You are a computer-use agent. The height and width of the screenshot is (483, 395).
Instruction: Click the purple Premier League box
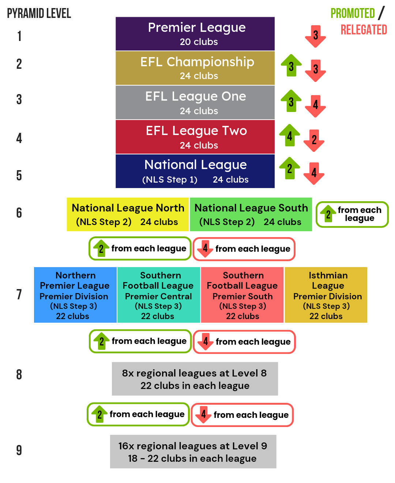(195, 34)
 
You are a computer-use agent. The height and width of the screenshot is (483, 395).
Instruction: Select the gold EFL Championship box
(195, 68)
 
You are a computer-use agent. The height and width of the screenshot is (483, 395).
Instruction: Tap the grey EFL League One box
(195, 102)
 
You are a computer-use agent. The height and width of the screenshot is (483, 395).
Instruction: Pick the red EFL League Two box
(195, 137)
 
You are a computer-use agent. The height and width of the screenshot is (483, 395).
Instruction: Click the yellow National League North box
(128, 214)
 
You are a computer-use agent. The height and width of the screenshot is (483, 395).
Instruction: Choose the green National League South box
(251, 214)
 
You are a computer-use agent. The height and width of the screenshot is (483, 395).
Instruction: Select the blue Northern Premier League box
(75, 295)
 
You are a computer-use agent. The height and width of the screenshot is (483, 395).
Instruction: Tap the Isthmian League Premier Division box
(326, 295)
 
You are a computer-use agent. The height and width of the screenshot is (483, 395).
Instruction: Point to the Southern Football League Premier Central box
(159, 295)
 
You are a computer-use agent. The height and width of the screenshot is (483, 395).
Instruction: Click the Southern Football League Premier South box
(242, 295)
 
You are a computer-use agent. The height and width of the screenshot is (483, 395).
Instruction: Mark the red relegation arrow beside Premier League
(315, 36)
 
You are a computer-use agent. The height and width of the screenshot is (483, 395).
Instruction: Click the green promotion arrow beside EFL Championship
(291, 65)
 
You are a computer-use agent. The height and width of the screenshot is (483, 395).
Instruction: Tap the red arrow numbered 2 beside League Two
(314, 140)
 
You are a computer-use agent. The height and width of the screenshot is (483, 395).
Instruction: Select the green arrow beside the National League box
(289, 168)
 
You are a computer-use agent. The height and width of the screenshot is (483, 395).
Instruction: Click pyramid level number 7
(19, 295)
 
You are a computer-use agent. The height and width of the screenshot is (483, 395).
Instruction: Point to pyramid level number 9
(19, 450)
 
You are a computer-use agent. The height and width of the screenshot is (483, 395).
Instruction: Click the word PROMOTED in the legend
(353, 14)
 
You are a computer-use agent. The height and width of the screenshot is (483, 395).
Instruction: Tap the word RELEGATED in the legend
(364, 30)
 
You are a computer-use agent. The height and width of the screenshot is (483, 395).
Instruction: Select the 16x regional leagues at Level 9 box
(193, 452)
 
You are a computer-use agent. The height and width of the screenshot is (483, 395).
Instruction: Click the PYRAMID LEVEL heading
(39, 14)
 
